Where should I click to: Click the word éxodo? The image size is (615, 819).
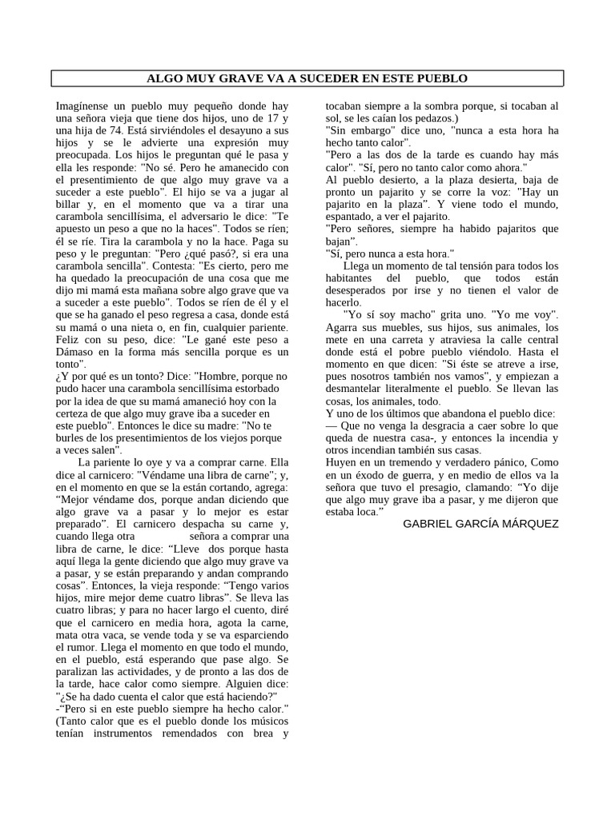coord(372,474)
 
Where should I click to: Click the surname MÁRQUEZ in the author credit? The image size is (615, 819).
coord(525,523)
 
